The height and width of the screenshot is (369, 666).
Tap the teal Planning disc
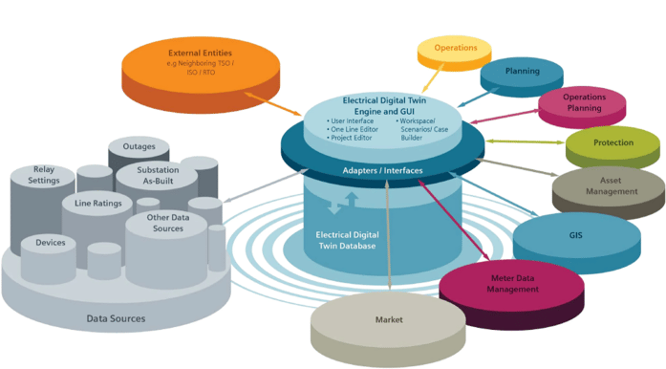click(522, 73)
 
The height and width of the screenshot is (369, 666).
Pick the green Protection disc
click(612, 143)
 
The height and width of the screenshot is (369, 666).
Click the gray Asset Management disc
click(609, 185)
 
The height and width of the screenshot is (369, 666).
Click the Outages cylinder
click(139, 150)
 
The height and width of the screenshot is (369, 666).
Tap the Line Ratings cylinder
click(97, 204)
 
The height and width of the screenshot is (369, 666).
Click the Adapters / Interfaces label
click(382, 170)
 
